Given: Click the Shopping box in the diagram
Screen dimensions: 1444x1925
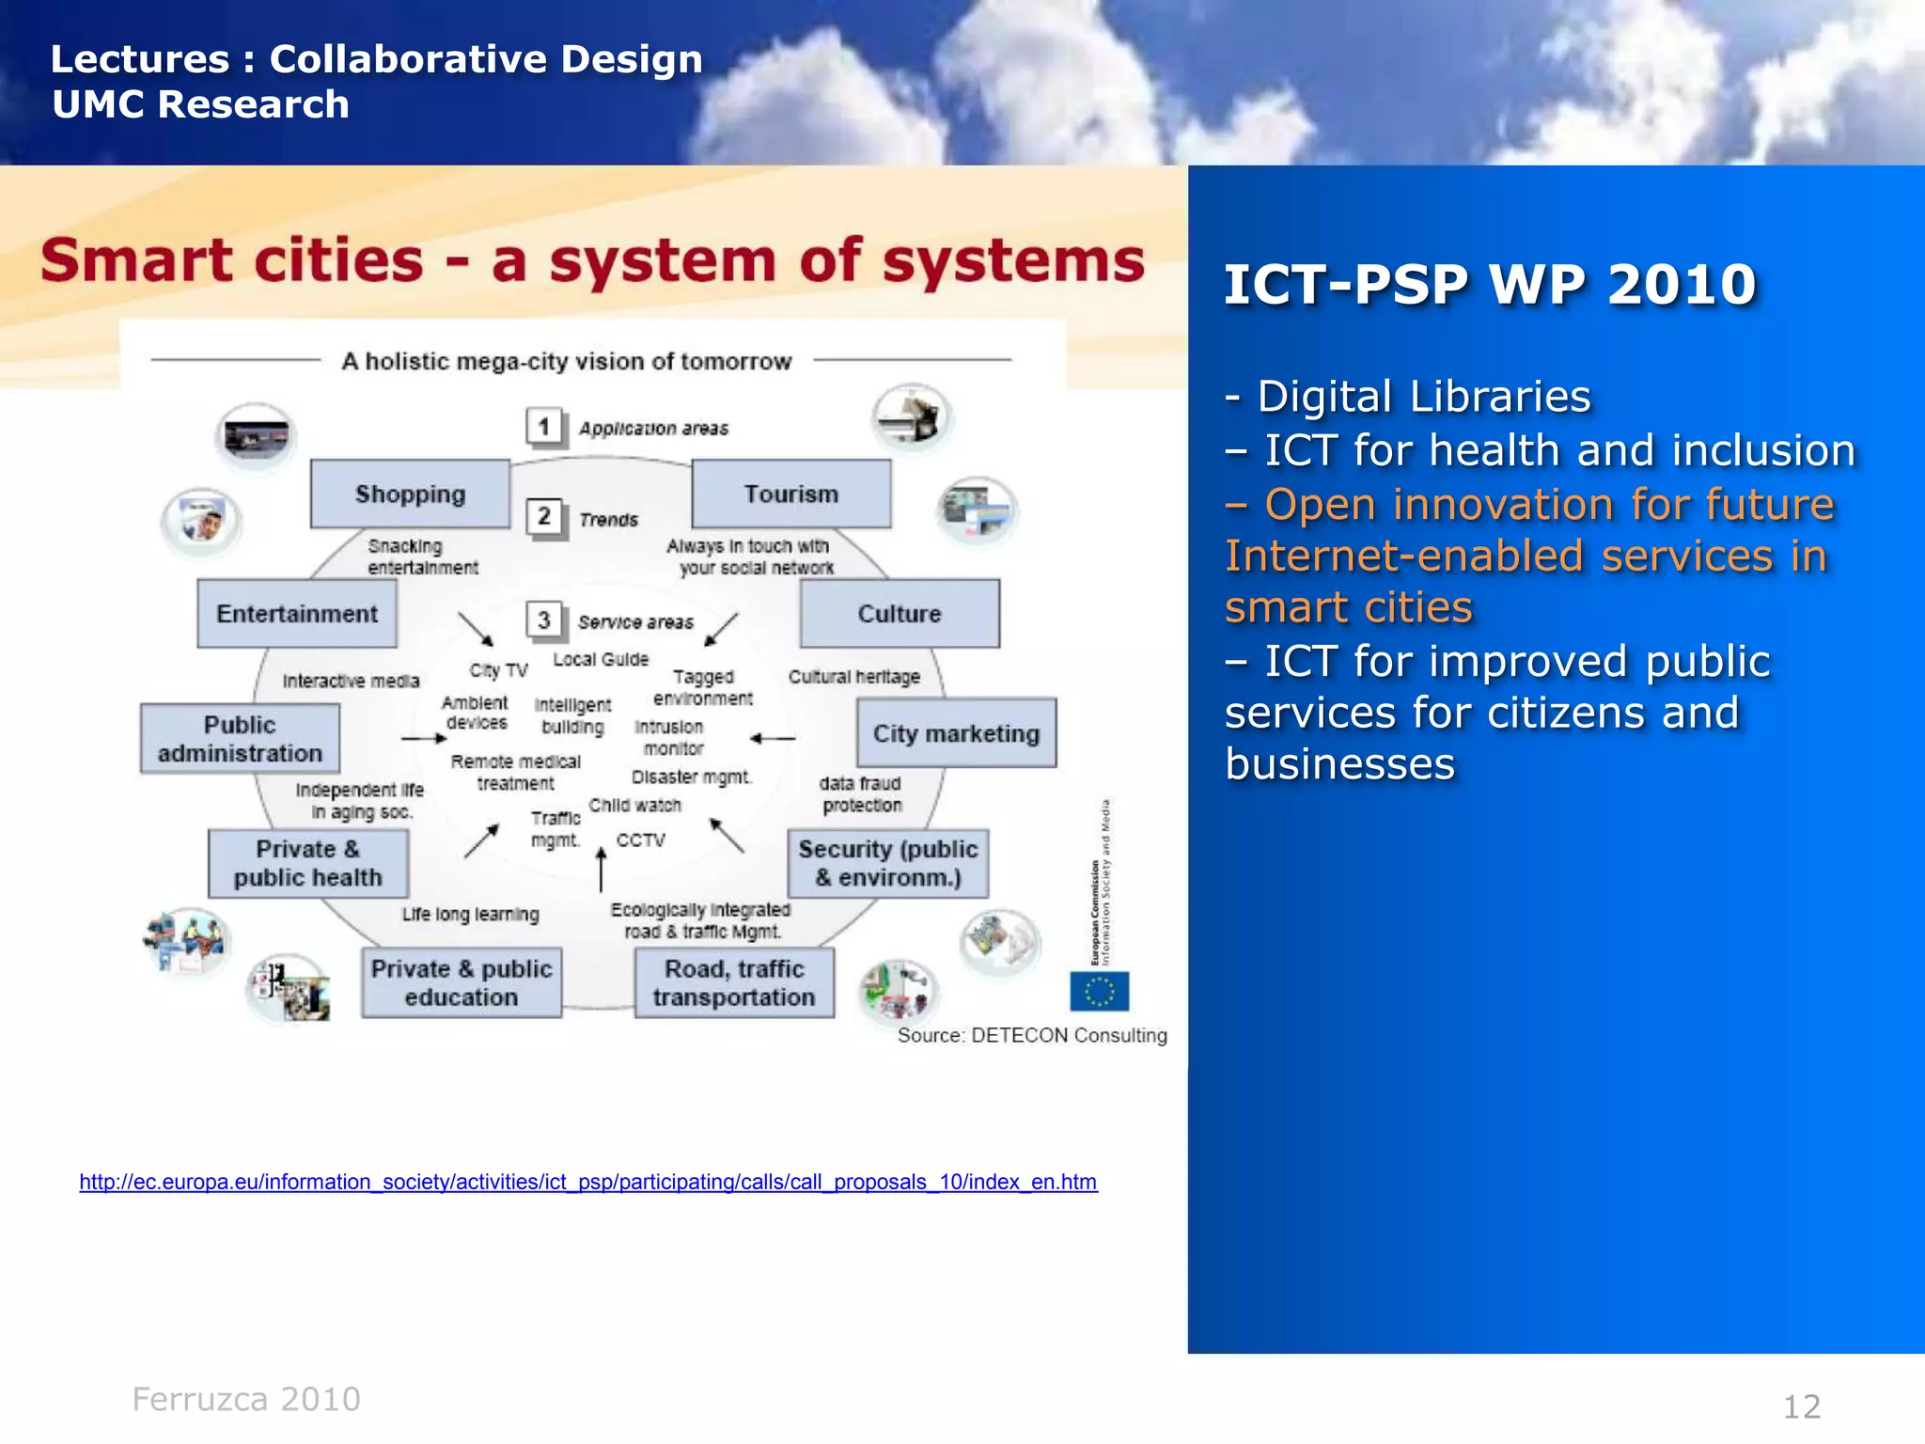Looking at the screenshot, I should (x=410, y=494).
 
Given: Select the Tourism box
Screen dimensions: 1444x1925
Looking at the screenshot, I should (x=791, y=494).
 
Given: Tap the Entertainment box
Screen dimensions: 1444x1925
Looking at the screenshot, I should (x=297, y=613).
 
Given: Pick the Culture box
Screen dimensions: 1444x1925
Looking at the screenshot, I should (x=900, y=613).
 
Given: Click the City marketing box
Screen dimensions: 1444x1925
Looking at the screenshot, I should (x=956, y=733).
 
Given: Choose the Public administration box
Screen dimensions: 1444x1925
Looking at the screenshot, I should (x=240, y=739).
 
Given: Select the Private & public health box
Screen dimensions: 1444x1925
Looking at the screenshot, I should (x=308, y=863).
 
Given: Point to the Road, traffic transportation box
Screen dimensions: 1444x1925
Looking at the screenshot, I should (x=734, y=982).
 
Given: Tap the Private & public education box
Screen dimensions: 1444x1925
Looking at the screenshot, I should (x=462, y=982).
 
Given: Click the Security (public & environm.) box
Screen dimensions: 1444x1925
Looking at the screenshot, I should (x=888, y=863).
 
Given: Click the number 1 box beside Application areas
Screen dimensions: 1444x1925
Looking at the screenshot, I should (x=544, y=427).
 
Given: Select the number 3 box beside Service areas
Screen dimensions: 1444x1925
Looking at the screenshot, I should (x=544, y=620).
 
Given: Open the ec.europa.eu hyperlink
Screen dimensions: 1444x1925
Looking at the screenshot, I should (x=587, y=1182).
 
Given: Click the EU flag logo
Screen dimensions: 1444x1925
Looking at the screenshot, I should (x=1099, y=991).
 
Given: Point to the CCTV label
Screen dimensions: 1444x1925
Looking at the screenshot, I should (x=640, y=840).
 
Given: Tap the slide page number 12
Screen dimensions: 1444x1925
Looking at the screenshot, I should (x=1801, y=1406).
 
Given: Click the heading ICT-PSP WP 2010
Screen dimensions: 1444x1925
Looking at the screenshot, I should (x=1489, y=284).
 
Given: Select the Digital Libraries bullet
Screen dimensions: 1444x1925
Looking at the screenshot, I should (x=1408, y=397).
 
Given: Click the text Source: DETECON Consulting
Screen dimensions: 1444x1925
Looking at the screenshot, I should (x=1031, y=1035).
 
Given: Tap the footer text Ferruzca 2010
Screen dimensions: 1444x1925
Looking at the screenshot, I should (x=246, y=1399).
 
